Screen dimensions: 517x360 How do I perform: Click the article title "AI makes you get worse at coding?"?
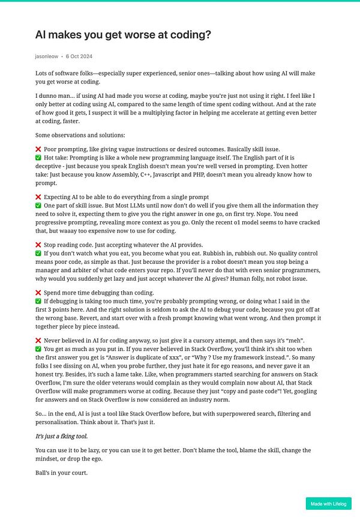tap(123, 35)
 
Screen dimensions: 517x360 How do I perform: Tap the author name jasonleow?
tap(47, 56)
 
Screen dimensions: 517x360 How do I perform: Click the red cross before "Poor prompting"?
tap(38, 149)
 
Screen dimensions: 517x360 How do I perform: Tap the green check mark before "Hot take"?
tap(38, 158)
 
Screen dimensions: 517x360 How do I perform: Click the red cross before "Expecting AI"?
tap(38, 197)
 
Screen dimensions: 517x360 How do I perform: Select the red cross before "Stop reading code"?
tap(38, 245)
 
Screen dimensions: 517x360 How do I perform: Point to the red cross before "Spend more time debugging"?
tap(38, 293)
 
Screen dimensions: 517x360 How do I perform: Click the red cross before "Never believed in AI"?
tap(38, 341)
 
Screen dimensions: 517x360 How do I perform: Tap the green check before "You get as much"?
tap(38, 349)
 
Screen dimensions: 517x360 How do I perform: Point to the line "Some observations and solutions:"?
tap(80, 135)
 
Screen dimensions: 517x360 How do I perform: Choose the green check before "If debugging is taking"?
tap(38, 301)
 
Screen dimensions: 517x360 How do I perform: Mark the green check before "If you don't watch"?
tap(38, 253)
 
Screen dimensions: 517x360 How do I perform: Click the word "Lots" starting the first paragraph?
tap(42, 73)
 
